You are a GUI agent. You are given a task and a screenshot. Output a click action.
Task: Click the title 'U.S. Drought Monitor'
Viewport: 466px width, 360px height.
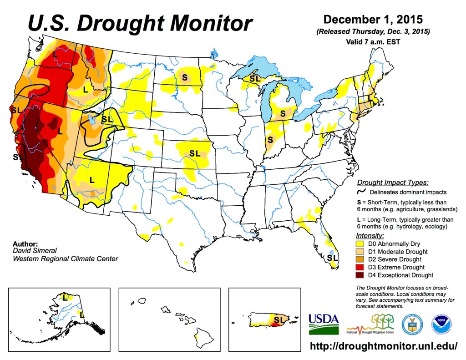pos(140,23)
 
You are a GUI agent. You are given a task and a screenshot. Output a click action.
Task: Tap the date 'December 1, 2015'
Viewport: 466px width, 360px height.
pos(373,20)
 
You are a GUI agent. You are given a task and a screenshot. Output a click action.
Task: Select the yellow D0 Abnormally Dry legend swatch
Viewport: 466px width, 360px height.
pos(362,244)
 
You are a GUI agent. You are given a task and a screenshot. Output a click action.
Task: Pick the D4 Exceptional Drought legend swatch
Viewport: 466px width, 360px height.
pos(362,275)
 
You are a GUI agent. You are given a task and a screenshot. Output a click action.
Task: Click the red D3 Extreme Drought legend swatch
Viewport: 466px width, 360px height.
pos(362,267)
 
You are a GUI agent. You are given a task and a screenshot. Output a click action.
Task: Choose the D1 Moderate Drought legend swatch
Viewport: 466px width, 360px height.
pos(362,252)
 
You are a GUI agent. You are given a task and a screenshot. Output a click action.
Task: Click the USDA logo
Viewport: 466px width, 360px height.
pos(324,324)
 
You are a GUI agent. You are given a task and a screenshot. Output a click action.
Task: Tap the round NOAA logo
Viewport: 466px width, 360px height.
pos(441,325)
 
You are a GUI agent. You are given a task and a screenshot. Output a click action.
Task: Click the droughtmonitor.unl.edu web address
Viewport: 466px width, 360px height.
pos(384,346)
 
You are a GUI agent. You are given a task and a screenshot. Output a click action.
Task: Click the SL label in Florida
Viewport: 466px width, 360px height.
pos(333,258)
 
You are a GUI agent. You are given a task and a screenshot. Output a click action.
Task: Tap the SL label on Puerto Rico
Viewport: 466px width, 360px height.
pos(279,320)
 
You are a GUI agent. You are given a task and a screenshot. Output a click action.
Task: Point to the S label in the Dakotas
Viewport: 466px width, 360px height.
pos(184,77)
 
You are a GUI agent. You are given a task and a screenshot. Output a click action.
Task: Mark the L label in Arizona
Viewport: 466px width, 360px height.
pos(92,179)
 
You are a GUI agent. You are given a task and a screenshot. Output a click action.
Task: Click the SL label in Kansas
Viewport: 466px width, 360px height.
pos(195,153)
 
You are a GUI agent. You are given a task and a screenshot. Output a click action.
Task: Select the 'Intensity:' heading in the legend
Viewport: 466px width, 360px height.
pos(370,236)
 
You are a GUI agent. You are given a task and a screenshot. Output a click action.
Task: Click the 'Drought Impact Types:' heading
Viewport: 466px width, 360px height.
pos(392,183)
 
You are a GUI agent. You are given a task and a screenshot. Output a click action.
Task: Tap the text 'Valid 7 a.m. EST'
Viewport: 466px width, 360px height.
pos(373,41)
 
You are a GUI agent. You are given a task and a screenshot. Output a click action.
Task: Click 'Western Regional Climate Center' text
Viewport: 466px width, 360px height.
pos(65,259)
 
